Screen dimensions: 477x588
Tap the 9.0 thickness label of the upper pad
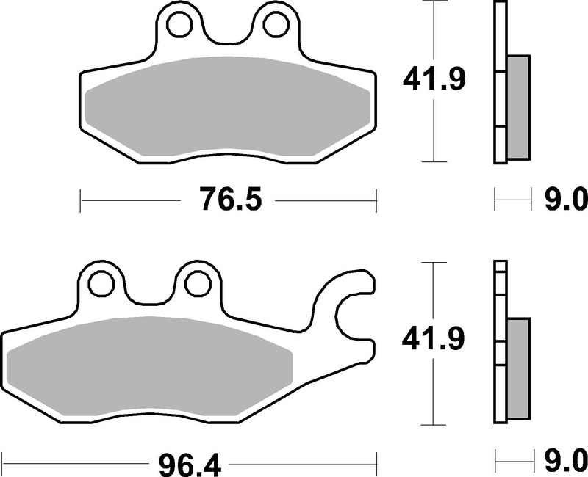[565, 198]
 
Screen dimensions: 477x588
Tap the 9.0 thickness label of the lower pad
[565, 463]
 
